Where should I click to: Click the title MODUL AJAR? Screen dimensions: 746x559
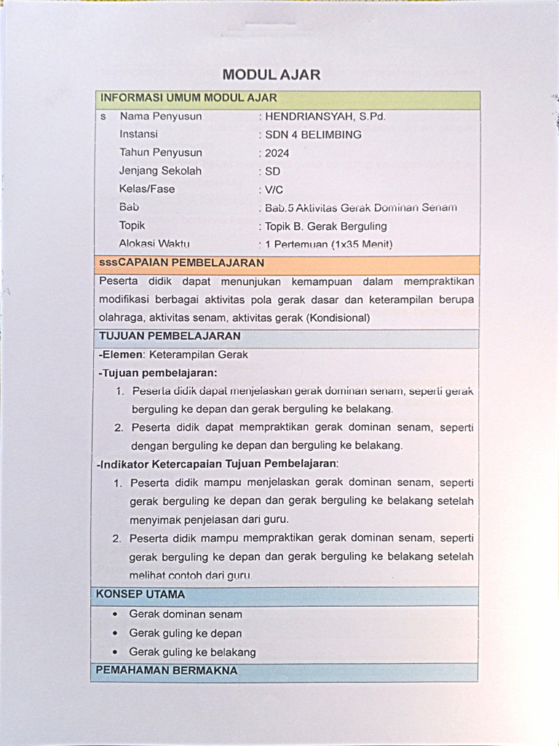pos(271,74)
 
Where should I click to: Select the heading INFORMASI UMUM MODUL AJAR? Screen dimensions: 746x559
pos(189,98)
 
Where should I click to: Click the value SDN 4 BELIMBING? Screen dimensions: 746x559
pos(313,135)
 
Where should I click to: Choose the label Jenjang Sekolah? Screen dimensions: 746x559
pos(160,171)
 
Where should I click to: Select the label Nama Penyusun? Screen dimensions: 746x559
pos(161,116)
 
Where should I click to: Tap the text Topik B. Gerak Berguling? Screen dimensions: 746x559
pos(326,226)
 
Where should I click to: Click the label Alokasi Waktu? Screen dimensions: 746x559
pos(154,244)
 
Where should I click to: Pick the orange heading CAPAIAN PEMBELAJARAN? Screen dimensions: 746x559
pos(181,263)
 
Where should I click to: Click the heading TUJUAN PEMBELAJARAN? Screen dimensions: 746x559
pos(170,337)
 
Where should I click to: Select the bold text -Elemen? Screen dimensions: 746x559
pos(122,355)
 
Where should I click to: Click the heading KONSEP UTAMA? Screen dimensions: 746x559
pos(140,594)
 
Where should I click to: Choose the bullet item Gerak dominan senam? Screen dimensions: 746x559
pos(186,614)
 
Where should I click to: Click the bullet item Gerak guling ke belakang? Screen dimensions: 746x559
pos(192,652)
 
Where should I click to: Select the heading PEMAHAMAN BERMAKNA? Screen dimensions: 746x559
pos(167,671)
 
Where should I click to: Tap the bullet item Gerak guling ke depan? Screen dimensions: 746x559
pos(185,633)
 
